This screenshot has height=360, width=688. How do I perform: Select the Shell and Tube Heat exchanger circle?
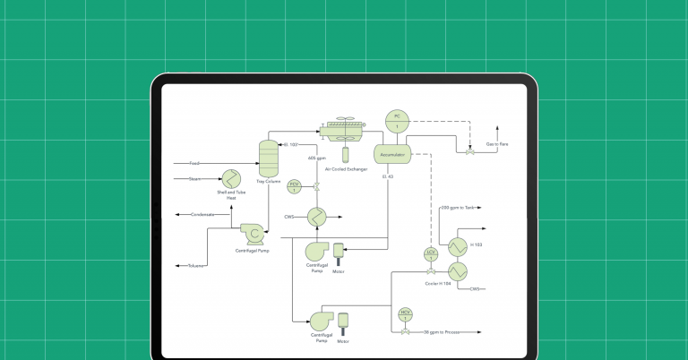pyautogui.click(x=231, y=177)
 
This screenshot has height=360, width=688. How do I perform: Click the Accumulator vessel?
pyautogui.click(x=392, y=154)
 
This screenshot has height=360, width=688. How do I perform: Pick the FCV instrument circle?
pyautogui.click(x=294, y=186)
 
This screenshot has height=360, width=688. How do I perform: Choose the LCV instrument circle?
pyautogui.click(x=430, y=255)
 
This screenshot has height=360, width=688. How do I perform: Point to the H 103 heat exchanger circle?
pyautogui.click(x=457, y=245)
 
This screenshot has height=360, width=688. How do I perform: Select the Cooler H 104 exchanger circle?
pyautogui.click(x=457, y=269)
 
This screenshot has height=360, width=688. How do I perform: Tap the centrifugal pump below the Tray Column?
pyautogui.click(x=254, y=235)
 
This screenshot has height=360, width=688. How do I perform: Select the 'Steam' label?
pyautogui.click(x=194, y=179)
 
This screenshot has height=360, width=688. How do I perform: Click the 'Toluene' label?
pyautogui.click(x=196, y=266)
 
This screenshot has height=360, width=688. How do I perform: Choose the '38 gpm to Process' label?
pyautogui.click(x=443, y=332)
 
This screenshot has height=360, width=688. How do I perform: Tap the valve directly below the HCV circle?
pyautogui.click(x=405, y=332)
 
